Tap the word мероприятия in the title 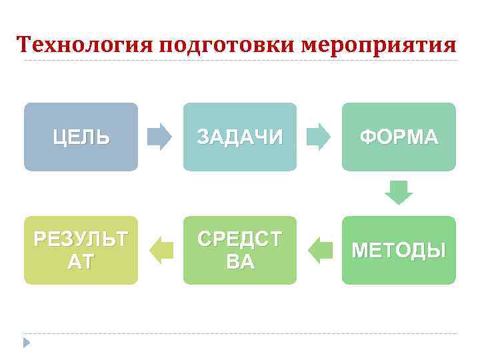[x=380, y=45]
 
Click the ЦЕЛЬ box [x=81, y=137]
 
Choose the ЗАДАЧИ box [x=240, y=137]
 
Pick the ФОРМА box [x=399, y=137]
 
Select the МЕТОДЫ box [x=399, y=250]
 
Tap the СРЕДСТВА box [x=240, y=250]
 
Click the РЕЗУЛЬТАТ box [x=81, y=250]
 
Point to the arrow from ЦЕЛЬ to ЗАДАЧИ [x=159, y=136]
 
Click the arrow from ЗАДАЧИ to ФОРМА [x=318, y=136]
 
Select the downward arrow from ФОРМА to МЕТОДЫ [x=399, y=193]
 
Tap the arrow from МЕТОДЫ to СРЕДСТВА [x=321, y=249]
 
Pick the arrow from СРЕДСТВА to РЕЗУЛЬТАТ [x=161, y=249]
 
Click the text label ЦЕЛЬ [x=81, y=137]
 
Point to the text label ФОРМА [x=399, y=137]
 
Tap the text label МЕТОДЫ [x=399, y=251]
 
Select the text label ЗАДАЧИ [x=240, y=137]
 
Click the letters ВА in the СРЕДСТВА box [x=240, y=262]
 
